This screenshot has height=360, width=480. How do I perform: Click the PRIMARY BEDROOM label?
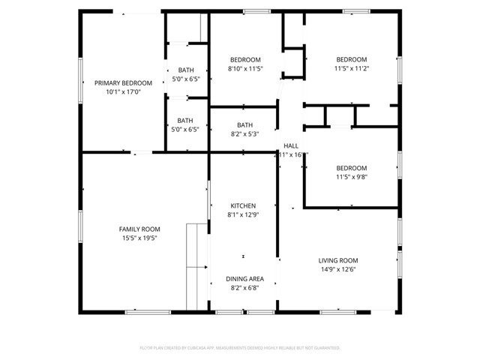[123, 83]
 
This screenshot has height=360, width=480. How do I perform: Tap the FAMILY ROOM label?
[139, 229]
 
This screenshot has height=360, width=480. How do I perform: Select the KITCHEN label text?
[243, 205]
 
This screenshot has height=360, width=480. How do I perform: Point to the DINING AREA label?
[244, 279]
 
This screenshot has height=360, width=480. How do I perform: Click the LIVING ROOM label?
[338, 260]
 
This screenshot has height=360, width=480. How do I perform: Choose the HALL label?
[291, 145]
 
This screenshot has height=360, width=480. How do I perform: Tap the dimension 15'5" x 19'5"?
[139, 238]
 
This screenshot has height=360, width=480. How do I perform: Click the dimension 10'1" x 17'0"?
[123, 92]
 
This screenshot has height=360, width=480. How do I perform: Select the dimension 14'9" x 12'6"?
[338, 269]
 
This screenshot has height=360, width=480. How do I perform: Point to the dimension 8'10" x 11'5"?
[245, 69]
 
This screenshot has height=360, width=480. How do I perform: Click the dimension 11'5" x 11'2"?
[351, 69]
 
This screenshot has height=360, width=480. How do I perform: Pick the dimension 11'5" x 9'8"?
[351, 177]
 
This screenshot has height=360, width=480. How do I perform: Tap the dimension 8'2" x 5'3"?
[244, 134]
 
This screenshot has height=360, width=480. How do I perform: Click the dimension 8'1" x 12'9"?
[243, 214]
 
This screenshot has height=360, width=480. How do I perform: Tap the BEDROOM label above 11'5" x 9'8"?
[351, 168]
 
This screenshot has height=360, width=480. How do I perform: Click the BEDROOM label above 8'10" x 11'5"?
[245, 60]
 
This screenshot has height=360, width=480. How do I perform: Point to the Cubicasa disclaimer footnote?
[240, 348]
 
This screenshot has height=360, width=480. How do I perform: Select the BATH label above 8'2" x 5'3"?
[244, 125]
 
